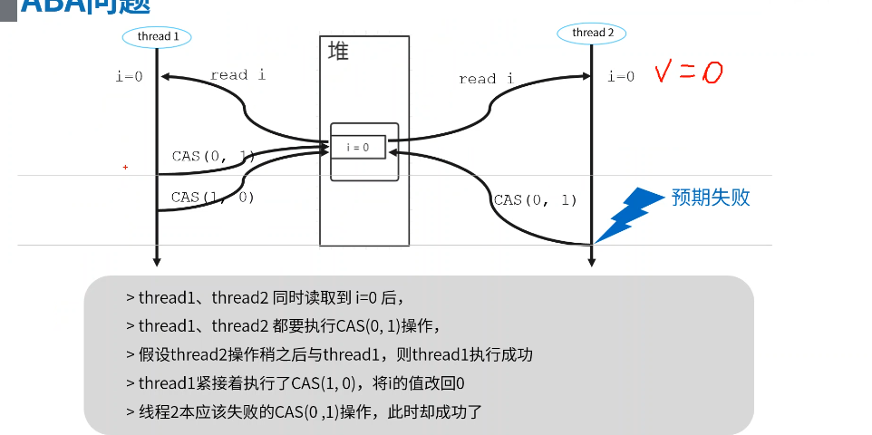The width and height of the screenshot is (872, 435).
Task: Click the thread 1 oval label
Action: [x=158, y=36]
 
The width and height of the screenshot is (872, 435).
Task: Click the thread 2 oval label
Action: [x=593, y=33]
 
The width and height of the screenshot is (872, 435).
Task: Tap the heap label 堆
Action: [x=338, y=52]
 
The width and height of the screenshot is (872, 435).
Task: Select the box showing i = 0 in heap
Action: [x=358, y=146]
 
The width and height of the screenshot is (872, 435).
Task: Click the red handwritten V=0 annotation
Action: [x=689, y=72]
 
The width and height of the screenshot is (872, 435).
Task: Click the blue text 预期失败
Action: [x=711, y=198]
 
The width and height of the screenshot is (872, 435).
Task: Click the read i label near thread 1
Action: [x=237, y=75]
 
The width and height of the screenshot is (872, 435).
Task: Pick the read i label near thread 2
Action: [x=486, y=79]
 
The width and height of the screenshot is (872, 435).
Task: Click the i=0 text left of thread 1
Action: [x=129, y=76]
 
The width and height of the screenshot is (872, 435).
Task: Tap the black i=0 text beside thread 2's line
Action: [x=621, y=76]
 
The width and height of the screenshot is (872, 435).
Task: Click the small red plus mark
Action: [x=125, y=168]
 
